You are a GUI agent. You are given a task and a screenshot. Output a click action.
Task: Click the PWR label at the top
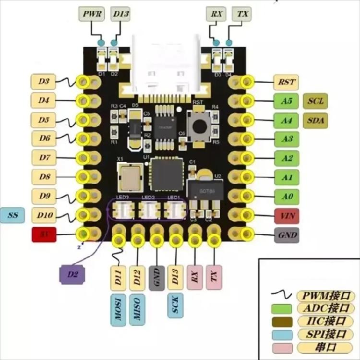coord(92,14)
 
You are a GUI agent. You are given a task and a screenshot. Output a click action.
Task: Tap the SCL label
coord(315,101)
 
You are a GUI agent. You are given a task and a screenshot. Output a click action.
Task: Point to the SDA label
coord(315,120)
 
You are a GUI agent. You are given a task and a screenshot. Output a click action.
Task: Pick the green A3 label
coord(286,139)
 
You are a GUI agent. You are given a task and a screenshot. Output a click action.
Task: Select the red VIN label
coord(286,216)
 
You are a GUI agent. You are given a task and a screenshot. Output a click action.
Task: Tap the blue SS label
coord(13,215)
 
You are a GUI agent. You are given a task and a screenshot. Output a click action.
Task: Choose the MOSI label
coord(118,311)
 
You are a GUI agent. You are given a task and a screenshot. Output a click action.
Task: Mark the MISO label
coord(137,311)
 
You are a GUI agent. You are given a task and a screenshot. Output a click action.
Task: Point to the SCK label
coord(175,305)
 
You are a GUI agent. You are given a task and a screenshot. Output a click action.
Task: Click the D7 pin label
coord(44,157)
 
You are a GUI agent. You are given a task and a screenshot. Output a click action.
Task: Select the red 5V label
coord(44,234)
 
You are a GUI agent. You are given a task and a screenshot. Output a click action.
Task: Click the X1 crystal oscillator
coord(130,176)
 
